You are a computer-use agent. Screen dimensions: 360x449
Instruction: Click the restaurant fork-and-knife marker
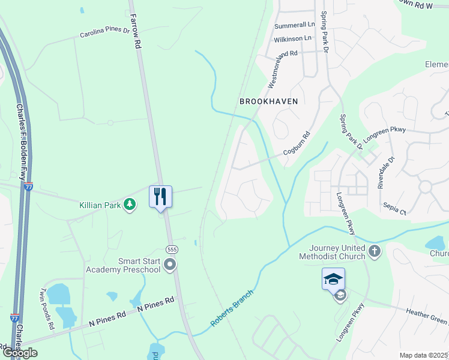tap(160, 196)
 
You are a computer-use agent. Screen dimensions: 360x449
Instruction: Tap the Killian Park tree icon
tap(129, 205)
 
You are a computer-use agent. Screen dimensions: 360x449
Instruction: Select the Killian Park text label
tap(100, 205)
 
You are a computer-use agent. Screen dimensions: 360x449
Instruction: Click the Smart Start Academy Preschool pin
tap(170, 264)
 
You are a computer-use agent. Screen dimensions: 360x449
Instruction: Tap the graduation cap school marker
tap(333, 278)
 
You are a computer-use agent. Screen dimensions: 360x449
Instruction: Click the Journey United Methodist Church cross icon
tap(375, 251)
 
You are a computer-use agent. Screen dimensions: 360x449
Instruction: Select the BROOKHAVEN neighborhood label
tap(268, 101)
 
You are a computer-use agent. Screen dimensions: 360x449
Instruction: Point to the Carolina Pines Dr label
tap(104, 32)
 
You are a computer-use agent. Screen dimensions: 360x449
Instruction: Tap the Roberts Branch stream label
tap(232, 308)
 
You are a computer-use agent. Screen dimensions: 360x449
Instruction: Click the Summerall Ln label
tap(294, 26)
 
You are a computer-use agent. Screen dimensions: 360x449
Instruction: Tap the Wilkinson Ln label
tap(292, 38)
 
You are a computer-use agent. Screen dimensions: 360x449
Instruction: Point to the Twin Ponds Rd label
tap(46, 309)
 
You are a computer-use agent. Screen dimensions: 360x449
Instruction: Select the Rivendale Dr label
tap(385, 173)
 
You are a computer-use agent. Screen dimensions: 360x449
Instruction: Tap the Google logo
tap(20, 353)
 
